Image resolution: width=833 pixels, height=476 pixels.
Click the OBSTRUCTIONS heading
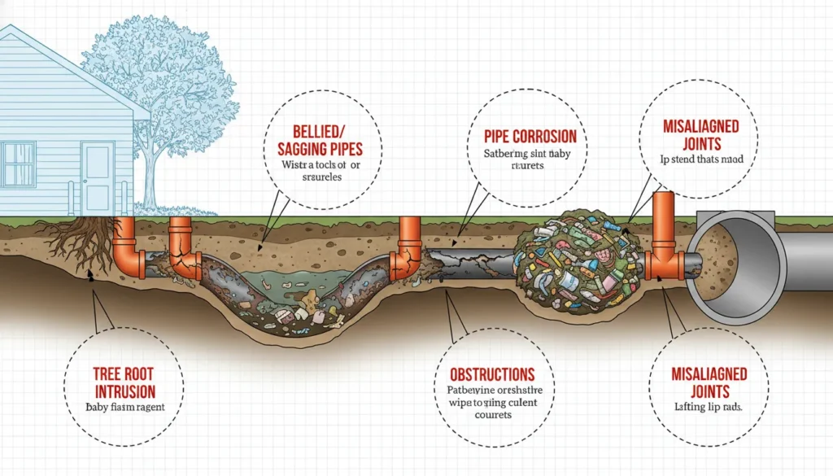coord(492,375)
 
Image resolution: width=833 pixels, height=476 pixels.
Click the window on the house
coord(17,164)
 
